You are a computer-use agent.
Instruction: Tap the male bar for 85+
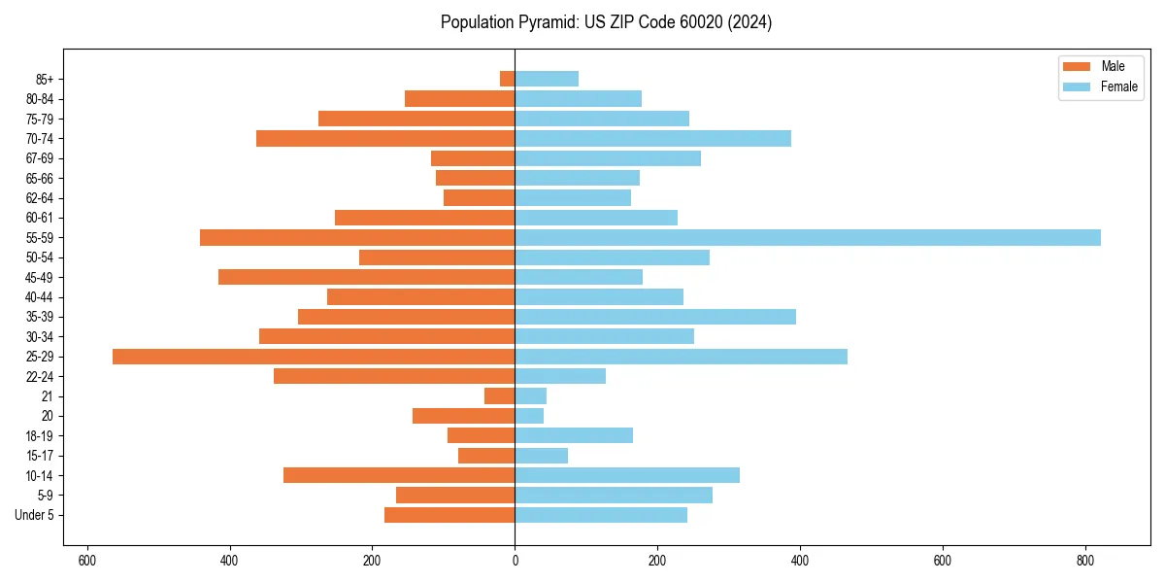pos(508,79)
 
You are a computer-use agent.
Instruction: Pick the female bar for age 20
pos(529,416)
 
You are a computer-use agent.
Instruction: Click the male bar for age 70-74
pos(385,139)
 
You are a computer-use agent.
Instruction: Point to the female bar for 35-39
pos(655,317)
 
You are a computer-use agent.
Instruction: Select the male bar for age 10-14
pos(399,475)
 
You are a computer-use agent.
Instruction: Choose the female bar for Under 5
pos(601,515)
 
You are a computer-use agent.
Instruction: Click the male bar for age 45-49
pos(367,277)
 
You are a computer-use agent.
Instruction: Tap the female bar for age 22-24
pos(560,376)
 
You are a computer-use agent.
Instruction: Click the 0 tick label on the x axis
pos(515,561)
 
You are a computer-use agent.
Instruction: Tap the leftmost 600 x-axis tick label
pos(87,561)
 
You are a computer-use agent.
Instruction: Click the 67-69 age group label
pos(40,158)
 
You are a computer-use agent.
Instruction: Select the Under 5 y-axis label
pos(34,515)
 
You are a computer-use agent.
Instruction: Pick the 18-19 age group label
pos(40,436)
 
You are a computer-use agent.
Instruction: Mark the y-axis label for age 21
pos(48,396)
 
